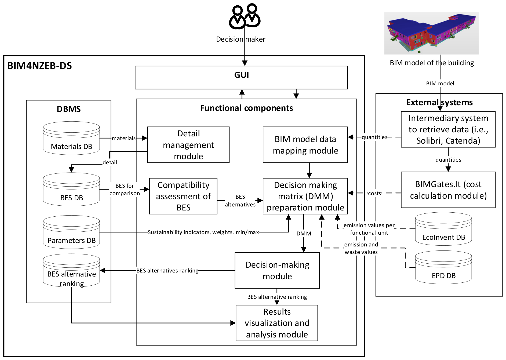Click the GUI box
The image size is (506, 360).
tap(241, 78)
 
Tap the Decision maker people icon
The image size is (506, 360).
tap(245, 16)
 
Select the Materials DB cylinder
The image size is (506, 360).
tap(71, 138)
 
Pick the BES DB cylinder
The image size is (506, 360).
tap(71, 189)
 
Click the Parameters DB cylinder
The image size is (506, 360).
tap(71, 232)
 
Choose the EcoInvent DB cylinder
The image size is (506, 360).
tap(443, 229)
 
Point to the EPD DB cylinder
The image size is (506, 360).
tap(443, 267)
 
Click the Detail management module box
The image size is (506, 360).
tap(188, 145)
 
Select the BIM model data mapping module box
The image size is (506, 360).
tap(305, 145)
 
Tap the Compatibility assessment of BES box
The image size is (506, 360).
tap(183, 196)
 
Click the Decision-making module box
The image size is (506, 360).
tap(277, 270)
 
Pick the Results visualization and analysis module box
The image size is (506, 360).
tap(277, 323)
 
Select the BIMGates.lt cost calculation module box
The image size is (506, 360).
tap(448, 190)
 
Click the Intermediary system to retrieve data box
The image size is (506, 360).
tap(448, 129)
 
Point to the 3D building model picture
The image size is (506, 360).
tap(431, 33)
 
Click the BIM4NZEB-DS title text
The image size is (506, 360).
tap(39, 66)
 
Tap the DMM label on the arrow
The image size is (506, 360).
tap(304, 234)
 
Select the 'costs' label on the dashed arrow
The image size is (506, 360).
tap(374, 193)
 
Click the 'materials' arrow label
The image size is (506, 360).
tap(123, 138)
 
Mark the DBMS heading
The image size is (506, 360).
tap(69, 109)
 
